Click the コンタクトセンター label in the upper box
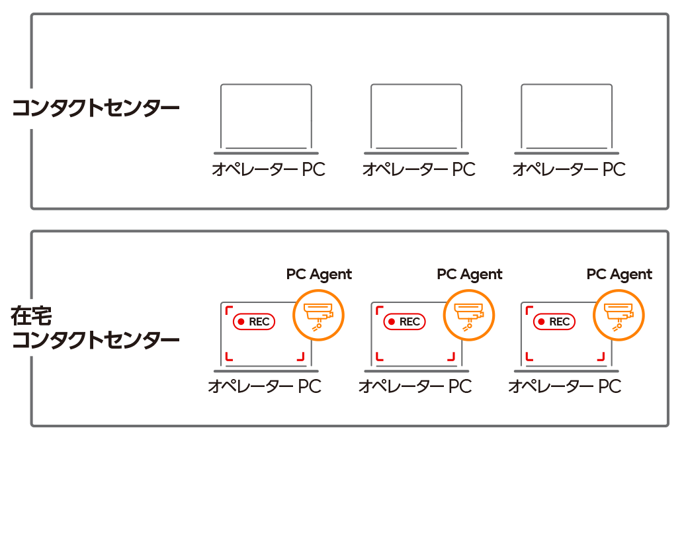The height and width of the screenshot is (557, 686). pos(96,108)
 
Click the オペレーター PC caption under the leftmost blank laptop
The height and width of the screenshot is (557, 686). pos(268,169)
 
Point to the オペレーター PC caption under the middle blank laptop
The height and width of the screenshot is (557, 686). pos(418,169)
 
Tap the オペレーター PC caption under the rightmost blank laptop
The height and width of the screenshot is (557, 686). pos(569,169)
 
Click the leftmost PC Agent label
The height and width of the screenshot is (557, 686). pos(319,274)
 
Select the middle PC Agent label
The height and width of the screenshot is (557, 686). pos(470,274)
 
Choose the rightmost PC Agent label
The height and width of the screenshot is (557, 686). pos(619,274)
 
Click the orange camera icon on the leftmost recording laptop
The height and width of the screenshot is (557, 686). pos(318,315)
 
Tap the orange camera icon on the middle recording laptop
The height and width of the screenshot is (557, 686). pos(469,315)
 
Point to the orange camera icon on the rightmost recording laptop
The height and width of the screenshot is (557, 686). pos(619,315)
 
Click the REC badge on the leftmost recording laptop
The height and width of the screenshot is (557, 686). pos(254,321)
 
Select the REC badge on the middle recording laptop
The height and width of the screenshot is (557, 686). pos(404,321)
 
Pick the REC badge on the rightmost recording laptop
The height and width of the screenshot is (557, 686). pos(554,321)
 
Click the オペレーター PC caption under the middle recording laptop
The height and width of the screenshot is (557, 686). pos(415,386)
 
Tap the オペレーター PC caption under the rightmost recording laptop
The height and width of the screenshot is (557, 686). pos(564,386)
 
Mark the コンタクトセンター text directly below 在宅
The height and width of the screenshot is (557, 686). pos(96,341)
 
